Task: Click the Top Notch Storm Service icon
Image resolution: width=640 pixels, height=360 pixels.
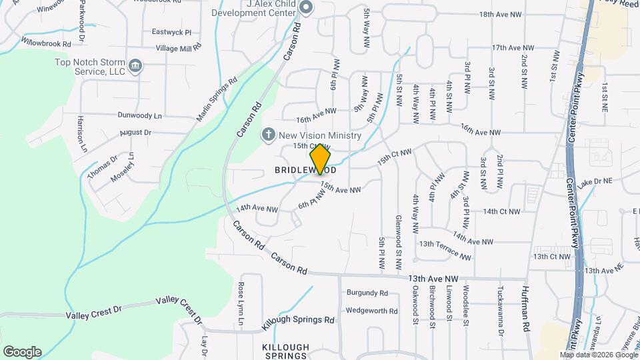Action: (x=135, y=65)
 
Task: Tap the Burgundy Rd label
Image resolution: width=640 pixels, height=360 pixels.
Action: (x=367, y=293)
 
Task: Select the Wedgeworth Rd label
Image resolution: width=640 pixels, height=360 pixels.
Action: (x=371, y=311)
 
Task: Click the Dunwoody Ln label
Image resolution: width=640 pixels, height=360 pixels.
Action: (x=139, y=115)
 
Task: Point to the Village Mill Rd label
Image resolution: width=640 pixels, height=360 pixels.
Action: (x=178, y=48)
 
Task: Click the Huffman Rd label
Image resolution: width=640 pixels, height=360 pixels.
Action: (x=525, y=306)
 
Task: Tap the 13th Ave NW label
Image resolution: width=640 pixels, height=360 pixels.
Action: (x=434, y=278)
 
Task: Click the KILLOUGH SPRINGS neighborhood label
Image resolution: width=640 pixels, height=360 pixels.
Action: (x=285, y=352)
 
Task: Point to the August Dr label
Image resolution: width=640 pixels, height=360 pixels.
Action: (x=135, y=133)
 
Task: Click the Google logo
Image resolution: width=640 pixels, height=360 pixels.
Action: (x=22, y=352)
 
